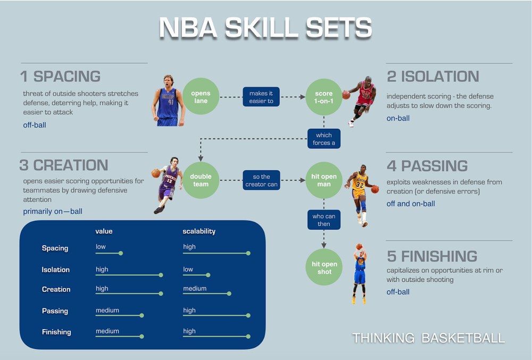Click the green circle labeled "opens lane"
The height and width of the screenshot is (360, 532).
point(201,97)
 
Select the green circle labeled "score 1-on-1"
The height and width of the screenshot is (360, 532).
point(323,97)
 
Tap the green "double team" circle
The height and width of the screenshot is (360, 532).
point(201,180)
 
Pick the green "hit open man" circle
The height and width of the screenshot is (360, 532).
point(323,180)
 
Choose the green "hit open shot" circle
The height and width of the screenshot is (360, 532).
point(325,267)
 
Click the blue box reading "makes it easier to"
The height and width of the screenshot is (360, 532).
point(261,97)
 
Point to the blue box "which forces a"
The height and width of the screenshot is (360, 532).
point(323,139)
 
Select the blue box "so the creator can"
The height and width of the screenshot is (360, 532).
point(261,180)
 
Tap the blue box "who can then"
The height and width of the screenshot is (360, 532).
point(324,220)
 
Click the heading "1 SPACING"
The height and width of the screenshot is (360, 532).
point(60,77)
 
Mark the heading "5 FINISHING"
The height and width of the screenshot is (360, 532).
point(432,256)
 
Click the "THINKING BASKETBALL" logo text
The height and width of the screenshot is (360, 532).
point(428,338)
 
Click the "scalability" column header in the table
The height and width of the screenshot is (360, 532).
point(199,231)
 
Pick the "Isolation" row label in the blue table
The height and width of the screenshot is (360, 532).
point(56,270)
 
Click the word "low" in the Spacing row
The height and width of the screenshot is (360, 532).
point(101,247)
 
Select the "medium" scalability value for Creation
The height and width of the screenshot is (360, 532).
point(194,289)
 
